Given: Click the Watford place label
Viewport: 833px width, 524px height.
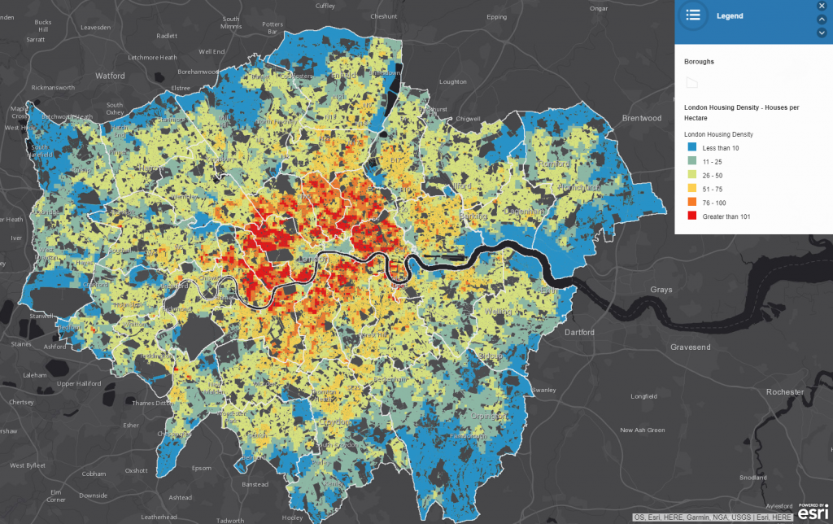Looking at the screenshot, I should click(110, 76).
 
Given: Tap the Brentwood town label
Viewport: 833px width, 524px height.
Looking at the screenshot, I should click(642, 118).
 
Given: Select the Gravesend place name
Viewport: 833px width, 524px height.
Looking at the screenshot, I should click(690, 347).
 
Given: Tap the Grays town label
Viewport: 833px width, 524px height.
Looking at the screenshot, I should click(661, 290).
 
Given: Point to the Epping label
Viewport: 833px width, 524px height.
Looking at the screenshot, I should click(495, 16).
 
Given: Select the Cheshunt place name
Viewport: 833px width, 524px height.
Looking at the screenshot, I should click(383, 16).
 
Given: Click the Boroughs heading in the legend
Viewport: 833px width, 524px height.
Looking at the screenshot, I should click(699, 61).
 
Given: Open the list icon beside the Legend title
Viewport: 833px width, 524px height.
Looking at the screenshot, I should click(693, 15).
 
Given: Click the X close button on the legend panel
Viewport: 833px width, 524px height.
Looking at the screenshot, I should click(822, 6).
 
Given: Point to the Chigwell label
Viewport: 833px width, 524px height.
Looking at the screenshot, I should click(468, 118).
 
